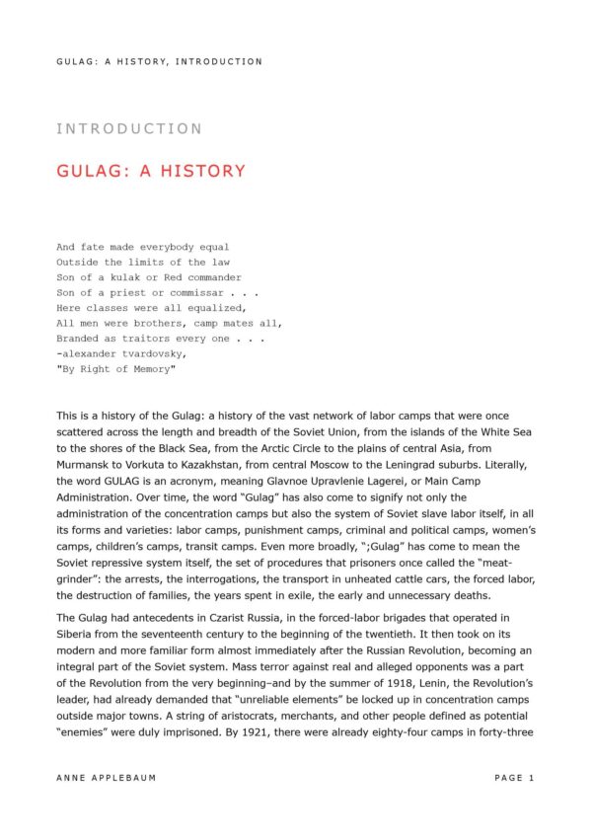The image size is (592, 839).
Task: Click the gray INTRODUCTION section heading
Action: pos(129,128)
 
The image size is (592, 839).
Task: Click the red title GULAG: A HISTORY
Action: pos(151,171)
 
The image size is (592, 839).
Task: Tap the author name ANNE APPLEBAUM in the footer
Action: pos(107,778)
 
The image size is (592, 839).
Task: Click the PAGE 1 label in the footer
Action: pos(514,778)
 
